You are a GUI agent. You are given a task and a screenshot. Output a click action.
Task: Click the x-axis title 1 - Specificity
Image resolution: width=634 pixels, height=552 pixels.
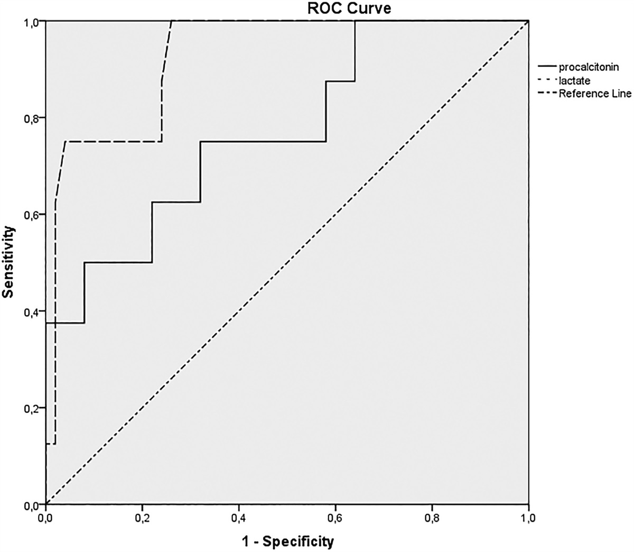coord(287,541)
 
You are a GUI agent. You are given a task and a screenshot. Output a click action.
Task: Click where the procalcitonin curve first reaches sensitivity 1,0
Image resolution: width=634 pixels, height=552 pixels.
coord(355,21)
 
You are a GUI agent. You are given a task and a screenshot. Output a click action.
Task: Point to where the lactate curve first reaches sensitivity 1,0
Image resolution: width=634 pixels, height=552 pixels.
coord(172,21)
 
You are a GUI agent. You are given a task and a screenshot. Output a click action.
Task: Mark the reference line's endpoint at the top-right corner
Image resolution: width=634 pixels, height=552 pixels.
coord(529,21)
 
